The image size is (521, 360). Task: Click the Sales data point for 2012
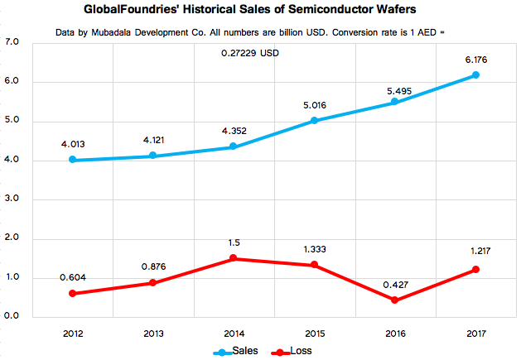point(74,160)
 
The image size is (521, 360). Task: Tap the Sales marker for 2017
point(475,75)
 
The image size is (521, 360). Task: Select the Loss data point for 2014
point(234,258)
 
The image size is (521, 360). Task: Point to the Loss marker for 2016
point(395,300)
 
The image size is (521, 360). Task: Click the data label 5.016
point(315,105)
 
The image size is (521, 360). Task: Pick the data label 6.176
point(475,60)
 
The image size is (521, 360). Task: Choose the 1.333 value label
point(315,248)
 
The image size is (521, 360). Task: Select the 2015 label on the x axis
point(315,332)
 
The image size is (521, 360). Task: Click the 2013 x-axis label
point(154,332)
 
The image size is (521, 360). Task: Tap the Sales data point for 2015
point(315,121)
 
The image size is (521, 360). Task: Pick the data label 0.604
point(74,277)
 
